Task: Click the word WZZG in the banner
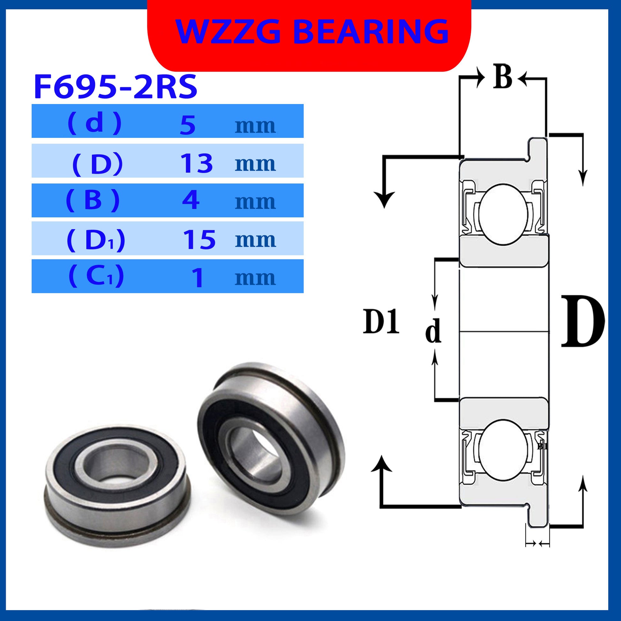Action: pos(228,31)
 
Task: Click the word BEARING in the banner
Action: pos(371,31)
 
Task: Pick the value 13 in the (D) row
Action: pos(197,163)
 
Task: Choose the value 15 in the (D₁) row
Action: pos(199,240)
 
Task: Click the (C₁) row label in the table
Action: pos(96,276)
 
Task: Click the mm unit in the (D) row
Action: pos(255,164)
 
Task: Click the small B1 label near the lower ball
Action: pos(542,446)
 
